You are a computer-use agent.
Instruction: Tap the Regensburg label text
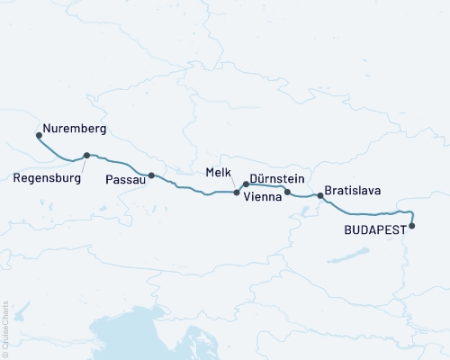pyautogui.click(x=48, y=178)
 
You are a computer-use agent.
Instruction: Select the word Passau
pyautogui.click(x=122, y=179)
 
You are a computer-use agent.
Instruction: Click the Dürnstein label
pyautogui.click(x=282, y=180)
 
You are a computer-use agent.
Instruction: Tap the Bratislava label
pyautogui.click(x=353, y=192)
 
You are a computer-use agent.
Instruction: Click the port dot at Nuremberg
pyautogui.click(x=39, y=136)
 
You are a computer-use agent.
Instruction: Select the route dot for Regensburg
pyautogui.click(x=86, y=155)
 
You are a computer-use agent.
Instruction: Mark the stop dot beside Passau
pyautogui.click(x=151, y=175)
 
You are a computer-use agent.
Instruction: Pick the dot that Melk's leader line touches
pyautogui.click(x=237, y=193)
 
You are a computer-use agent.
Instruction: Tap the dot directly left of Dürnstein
pyautogui.click(x=245, y=184)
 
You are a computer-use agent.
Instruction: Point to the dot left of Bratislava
pyautogui.click(x=319, y=195)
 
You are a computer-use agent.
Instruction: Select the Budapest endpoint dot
pyautogui.click(x=412, y=226)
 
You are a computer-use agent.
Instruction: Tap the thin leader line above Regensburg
pyautogui.click(x=80, y=163)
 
